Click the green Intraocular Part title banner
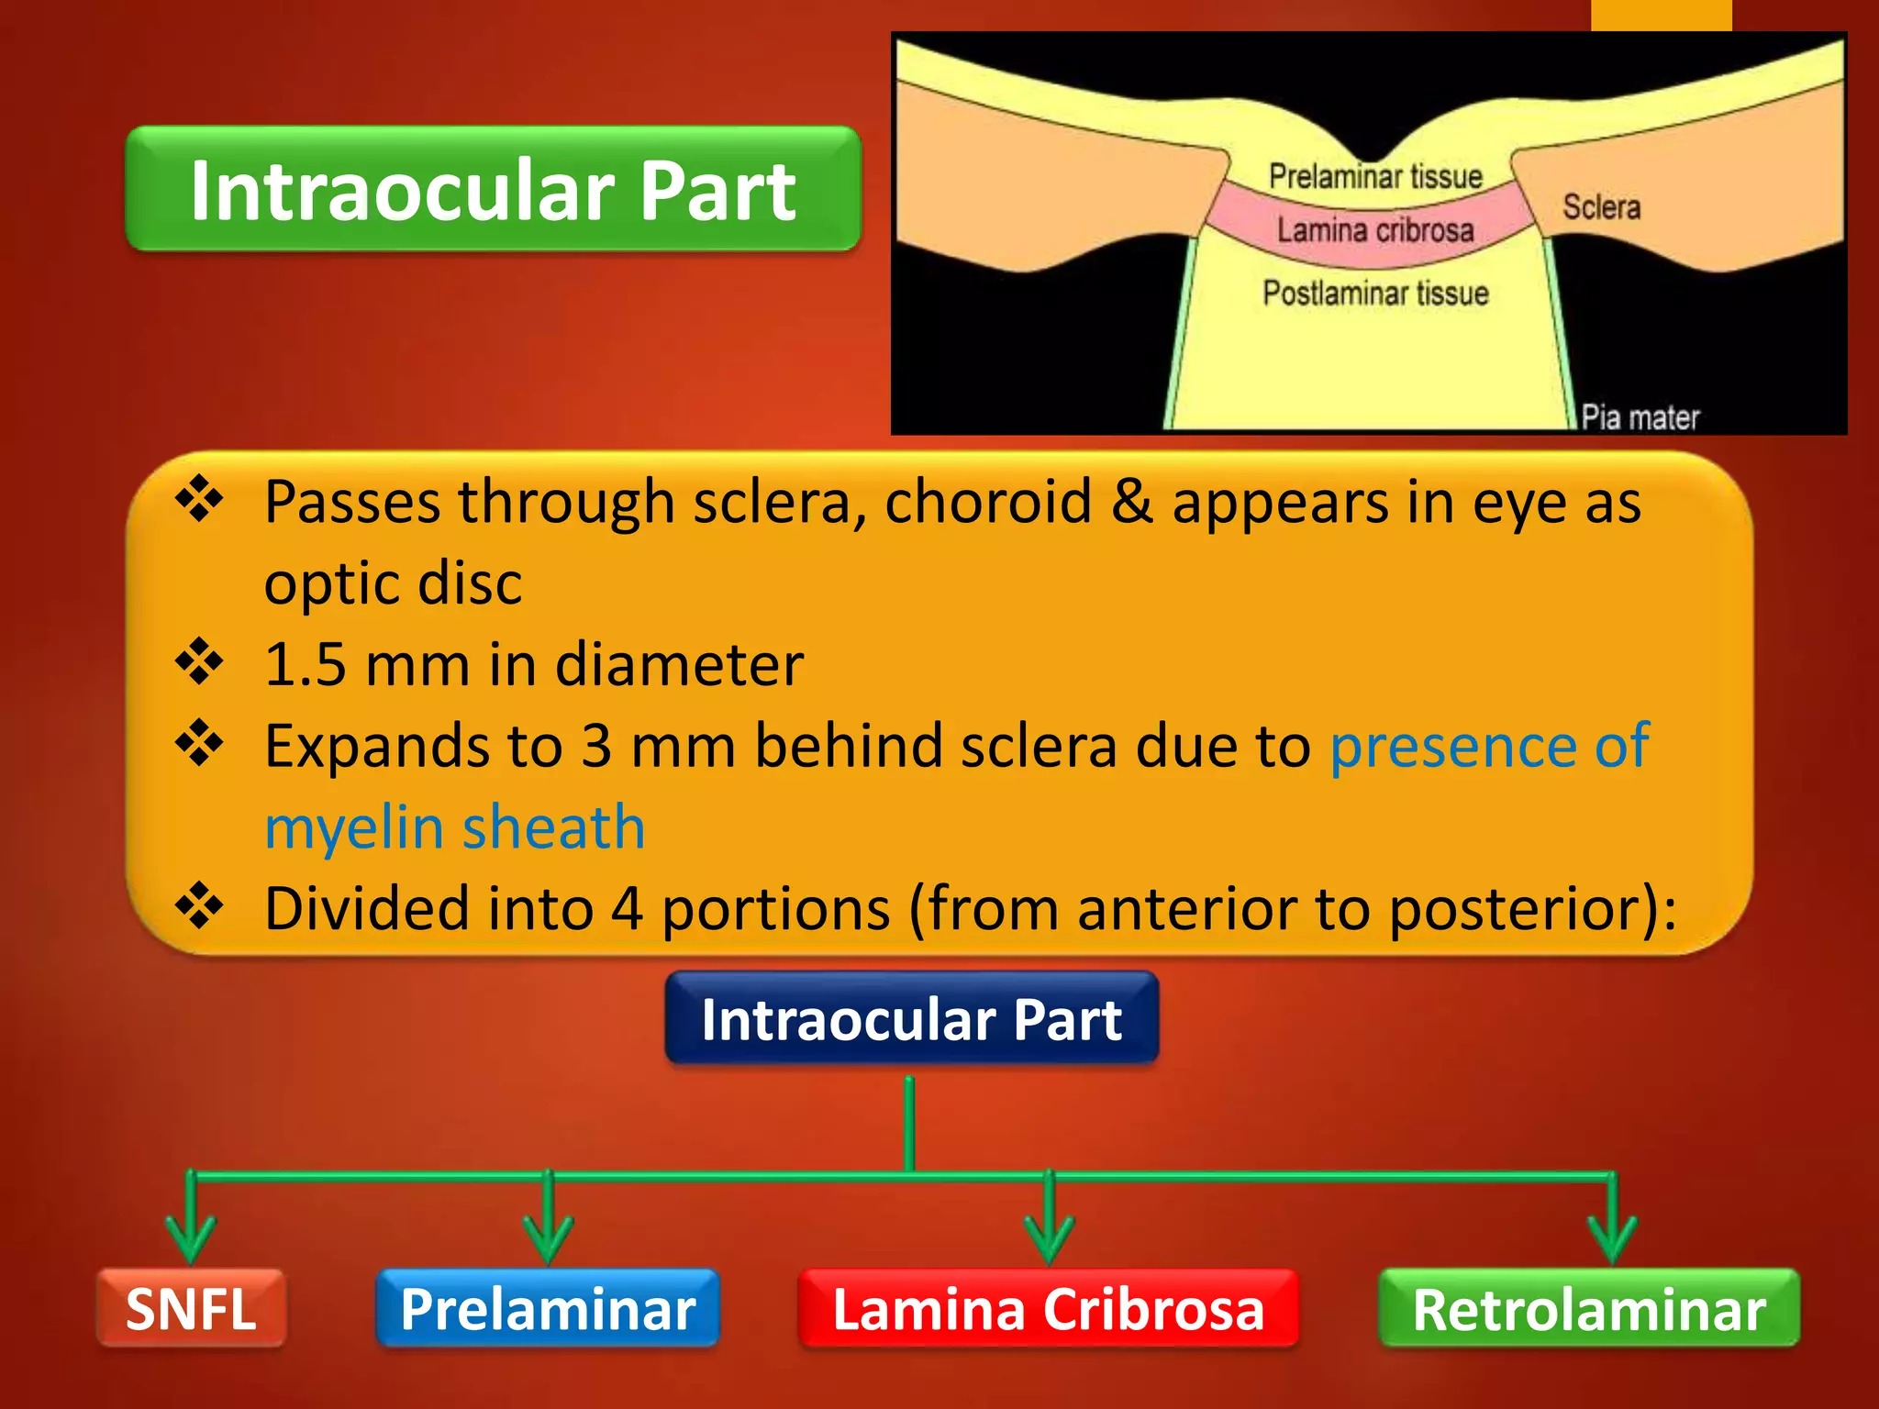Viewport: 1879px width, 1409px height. [493, 189]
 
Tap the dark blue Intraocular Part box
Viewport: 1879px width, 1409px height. [911, 1019]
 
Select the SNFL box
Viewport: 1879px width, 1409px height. [191, 1308]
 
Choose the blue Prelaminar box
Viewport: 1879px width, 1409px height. [548, 1308]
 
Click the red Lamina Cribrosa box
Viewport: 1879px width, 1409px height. [1048, 1308]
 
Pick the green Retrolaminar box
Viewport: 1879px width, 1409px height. [1588, 1308]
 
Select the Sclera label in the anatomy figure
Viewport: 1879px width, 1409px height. [1601, 207]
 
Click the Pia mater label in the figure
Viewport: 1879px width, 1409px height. [1640, 418]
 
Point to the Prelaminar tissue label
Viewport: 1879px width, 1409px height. [1374, 176]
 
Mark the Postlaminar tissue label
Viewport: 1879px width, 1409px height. [1374, 294]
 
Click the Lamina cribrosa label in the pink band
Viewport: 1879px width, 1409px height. [1374, 230]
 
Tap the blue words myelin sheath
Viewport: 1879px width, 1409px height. [455, 827]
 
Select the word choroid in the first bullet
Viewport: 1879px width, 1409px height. [987, 502]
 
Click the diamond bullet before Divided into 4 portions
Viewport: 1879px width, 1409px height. [199, 906]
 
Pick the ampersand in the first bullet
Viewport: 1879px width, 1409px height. [1131, 502]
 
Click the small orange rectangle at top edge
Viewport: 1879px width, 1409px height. [1661, 15]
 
